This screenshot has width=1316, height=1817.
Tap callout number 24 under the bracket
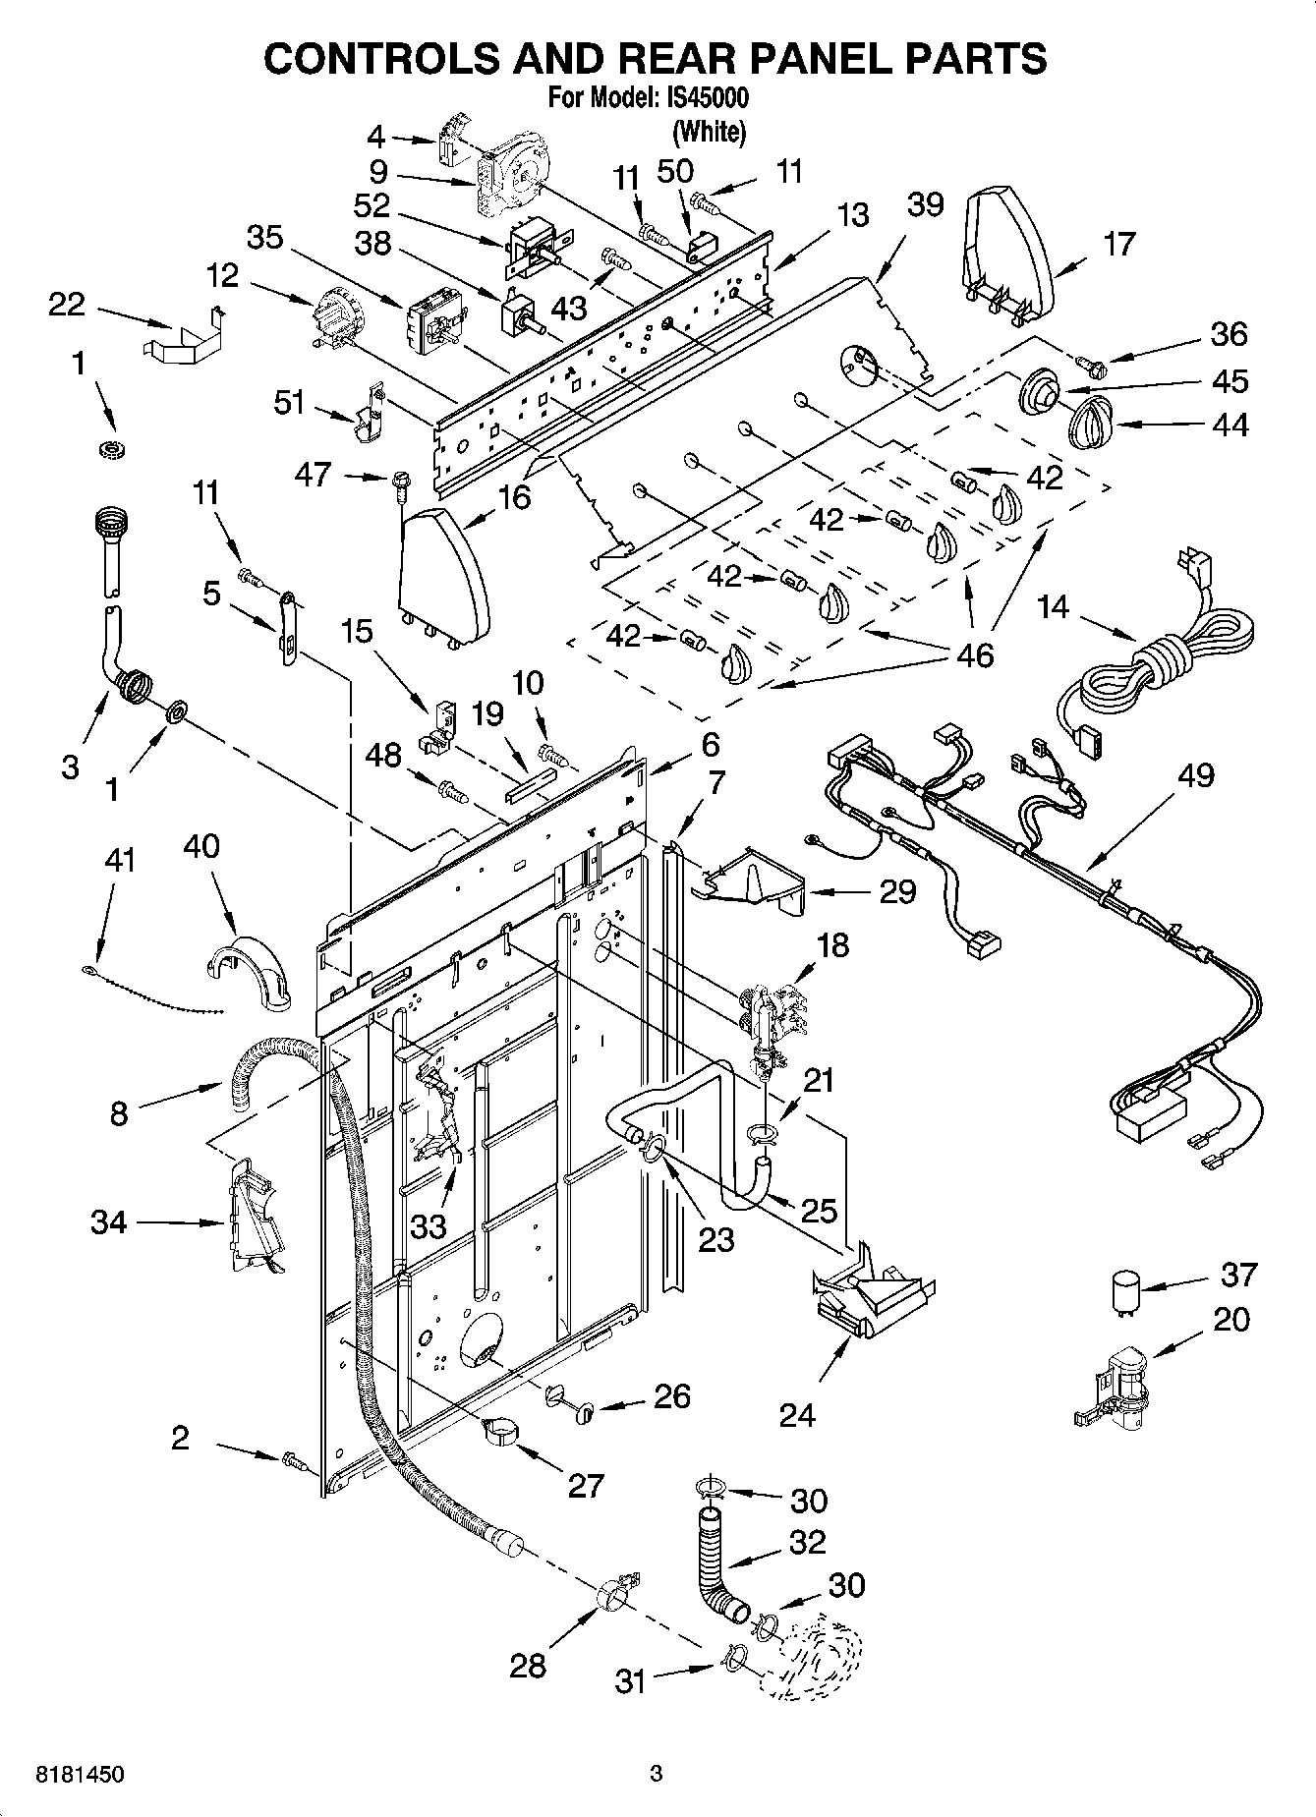(x=797, y=1415)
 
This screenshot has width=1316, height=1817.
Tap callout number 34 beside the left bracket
(x=109, y=1223)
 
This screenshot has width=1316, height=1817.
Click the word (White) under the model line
(x=709, y=131)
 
